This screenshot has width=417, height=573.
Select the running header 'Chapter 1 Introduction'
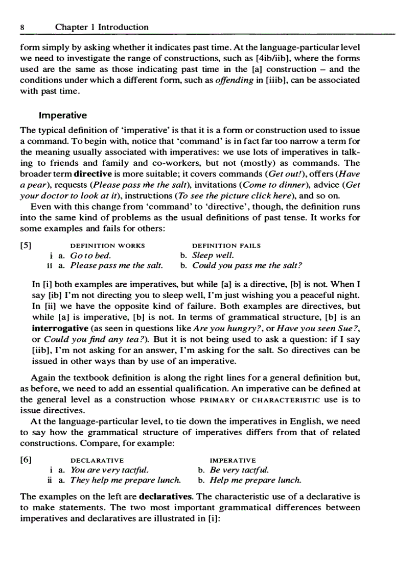(102, 28)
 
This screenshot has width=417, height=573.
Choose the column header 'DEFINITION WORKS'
(107, 246)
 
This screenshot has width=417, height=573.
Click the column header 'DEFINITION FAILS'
(226, 246)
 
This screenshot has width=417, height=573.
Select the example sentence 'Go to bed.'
(90, 256)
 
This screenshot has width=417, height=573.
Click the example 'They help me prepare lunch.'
(125, 480)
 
